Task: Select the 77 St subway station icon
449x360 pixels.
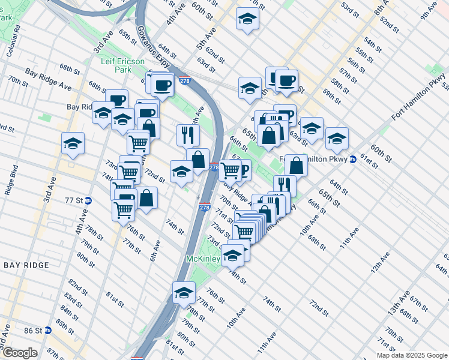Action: point(88,200)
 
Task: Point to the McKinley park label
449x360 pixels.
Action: point(202,259)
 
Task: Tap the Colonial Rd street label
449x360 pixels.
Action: point(14,40)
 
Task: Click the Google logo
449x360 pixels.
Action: point(19,352)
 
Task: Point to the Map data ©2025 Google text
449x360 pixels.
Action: point(411,355)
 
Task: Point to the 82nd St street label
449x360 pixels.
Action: point(75,283)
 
